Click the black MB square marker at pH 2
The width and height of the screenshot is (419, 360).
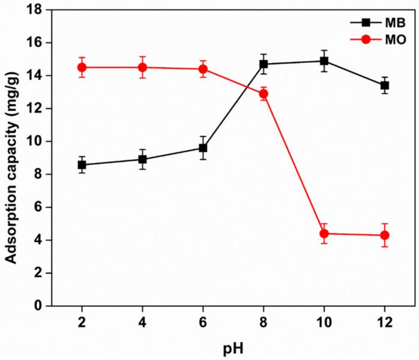(82, 164)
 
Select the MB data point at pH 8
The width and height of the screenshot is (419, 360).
(264, 64)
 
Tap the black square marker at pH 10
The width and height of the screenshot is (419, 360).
(324, 61)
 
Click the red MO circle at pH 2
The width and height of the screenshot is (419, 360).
(82, 67)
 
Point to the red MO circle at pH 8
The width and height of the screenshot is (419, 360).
(264, 94)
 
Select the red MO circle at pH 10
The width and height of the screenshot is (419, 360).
(324, 233)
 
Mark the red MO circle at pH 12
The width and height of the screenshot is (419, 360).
(385, 235)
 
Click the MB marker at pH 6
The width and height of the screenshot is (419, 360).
(203, 148)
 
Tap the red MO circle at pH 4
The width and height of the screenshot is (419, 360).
(142, 67)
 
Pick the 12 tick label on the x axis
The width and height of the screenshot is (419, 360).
(385, 322)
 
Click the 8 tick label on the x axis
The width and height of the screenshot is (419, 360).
(264, 322)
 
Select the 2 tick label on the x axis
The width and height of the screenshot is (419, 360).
(82, 322)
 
